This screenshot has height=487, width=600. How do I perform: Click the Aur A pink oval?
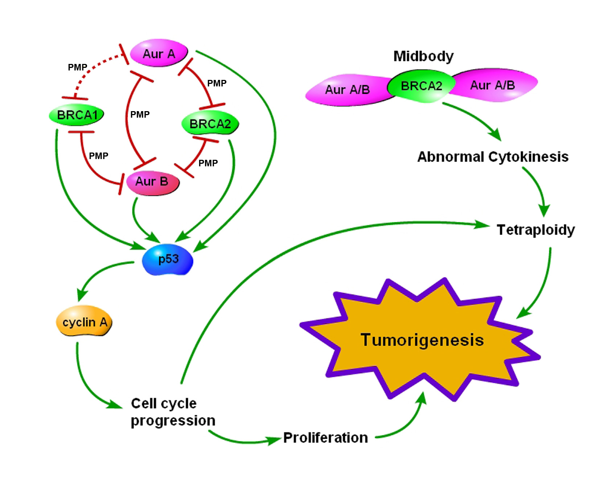pos(159,53)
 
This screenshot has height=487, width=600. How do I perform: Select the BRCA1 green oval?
pos(77,115)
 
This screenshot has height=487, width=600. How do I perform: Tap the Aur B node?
pos(152,183)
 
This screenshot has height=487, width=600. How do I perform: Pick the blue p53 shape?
pos(168,259)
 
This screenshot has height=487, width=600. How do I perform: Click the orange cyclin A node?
pos(84,321)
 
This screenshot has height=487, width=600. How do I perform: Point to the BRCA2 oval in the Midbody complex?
pos(421,86)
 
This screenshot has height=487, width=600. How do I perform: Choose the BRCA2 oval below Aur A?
pos(210,123)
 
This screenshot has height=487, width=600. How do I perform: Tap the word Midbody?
pos(423,56)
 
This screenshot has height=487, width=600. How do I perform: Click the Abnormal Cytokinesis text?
pos(493,157)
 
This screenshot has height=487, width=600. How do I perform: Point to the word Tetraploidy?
pos(536,230)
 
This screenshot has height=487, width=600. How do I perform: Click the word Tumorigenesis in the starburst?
pos(422,340)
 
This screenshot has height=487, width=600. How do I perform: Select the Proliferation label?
pos(325,438)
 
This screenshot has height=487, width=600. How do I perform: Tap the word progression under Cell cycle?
pos(173,421)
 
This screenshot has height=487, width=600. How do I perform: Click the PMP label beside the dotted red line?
pos(78,67)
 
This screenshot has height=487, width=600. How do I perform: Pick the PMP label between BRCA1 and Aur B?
pos(99,156)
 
